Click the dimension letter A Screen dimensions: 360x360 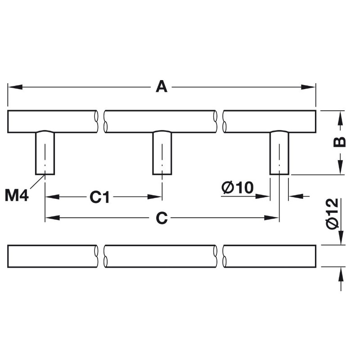pos(162,86)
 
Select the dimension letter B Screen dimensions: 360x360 pos(339,142)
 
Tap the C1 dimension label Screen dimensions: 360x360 pos(99,197)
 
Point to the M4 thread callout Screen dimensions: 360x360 pos(17,196)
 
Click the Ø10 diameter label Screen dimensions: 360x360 pos(238,187)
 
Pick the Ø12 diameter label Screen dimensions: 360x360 pos(332,213)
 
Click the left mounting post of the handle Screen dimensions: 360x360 pos(45,153)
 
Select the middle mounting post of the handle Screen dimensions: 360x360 pos(162,153)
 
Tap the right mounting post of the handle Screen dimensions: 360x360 pos(279,153)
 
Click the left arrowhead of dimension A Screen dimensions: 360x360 pos(15,87)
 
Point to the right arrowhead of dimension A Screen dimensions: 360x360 pos(308,87)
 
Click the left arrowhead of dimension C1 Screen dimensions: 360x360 pos(53,197)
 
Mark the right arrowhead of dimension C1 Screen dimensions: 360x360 pos(155,197)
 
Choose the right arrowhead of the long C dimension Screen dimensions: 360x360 pos(272,218)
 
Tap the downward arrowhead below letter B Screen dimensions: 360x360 pos(341,167)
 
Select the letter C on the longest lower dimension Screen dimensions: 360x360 pos(162,218)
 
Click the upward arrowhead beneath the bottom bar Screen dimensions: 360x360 pos(341,274)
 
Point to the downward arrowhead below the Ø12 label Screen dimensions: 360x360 pos(341,238)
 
